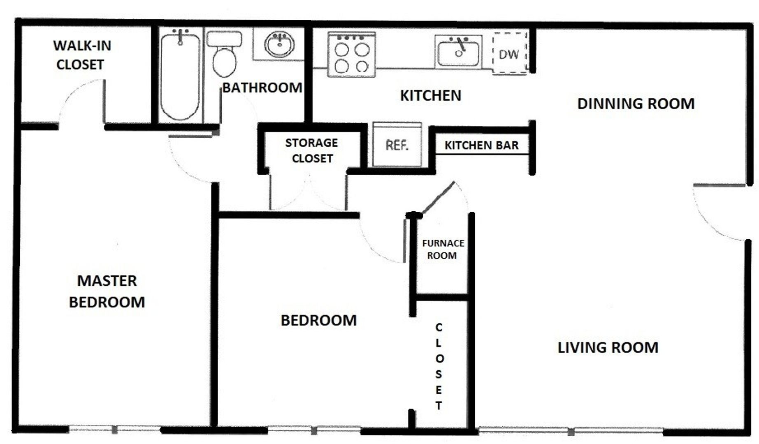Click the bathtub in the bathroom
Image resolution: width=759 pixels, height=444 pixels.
180,76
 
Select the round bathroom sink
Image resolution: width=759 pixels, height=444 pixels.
279,44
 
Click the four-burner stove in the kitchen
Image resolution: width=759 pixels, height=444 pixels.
352,55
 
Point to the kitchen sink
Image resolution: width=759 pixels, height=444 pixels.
458,52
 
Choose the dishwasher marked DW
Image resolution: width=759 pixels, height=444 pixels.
510,53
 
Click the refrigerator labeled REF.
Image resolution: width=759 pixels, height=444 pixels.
397,144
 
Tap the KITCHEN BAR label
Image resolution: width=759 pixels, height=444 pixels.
481,145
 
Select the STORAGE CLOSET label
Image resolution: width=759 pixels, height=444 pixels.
311,150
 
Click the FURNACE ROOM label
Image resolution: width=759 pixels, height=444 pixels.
443,249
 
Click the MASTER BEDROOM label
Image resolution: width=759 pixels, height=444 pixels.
107,291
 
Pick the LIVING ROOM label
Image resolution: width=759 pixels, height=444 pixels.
608,348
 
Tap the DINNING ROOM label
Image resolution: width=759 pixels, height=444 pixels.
636,104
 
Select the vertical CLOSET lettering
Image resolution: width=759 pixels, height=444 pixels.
439,366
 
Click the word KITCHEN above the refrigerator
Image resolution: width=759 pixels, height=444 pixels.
431,96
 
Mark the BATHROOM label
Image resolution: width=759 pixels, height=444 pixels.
262,88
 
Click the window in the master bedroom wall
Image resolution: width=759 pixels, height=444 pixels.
114,430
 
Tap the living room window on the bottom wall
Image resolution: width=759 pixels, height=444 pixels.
571,431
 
